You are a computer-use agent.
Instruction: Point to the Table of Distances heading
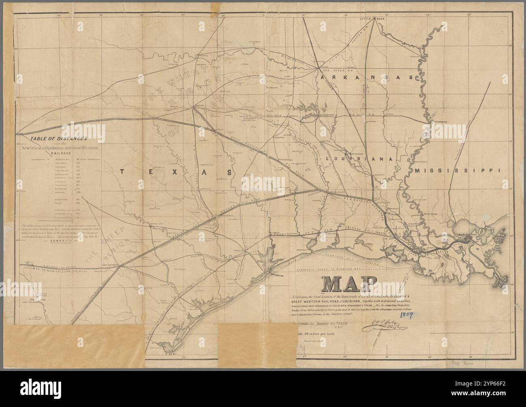click(x=56, y=138)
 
